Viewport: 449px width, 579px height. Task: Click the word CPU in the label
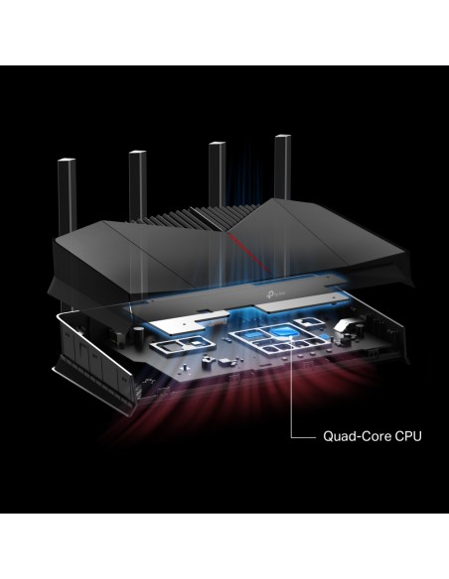pyautogui.click(x=408, y=436)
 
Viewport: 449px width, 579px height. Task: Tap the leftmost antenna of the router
pyautogui.click(x=68, y=194)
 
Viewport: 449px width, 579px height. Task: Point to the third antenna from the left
pyautogui.click(x=218, y=174)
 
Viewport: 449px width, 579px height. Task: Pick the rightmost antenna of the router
pyautogui.click(x=283, y=169)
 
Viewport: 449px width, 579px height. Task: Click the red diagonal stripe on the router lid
pyautogui.click(x=249, y=252)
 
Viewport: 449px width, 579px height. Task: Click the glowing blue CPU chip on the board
pyautogui.click(x=284, y=331)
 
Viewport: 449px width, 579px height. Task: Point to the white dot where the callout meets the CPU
pyautogui.click(x=292, y=337)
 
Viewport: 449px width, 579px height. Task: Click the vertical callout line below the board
pyautogui.click(x=292, y=388)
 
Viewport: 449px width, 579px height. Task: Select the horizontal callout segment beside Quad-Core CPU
pyautogui.click(x=304, y=437)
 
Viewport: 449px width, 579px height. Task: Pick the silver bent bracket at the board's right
pyautogui.click(x=345, y=324)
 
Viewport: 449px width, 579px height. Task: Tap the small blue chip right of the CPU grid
pyautogui.click(x=324, y=337)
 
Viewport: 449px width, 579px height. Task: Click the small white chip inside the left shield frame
pyautogui.click(x=197, y=343)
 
